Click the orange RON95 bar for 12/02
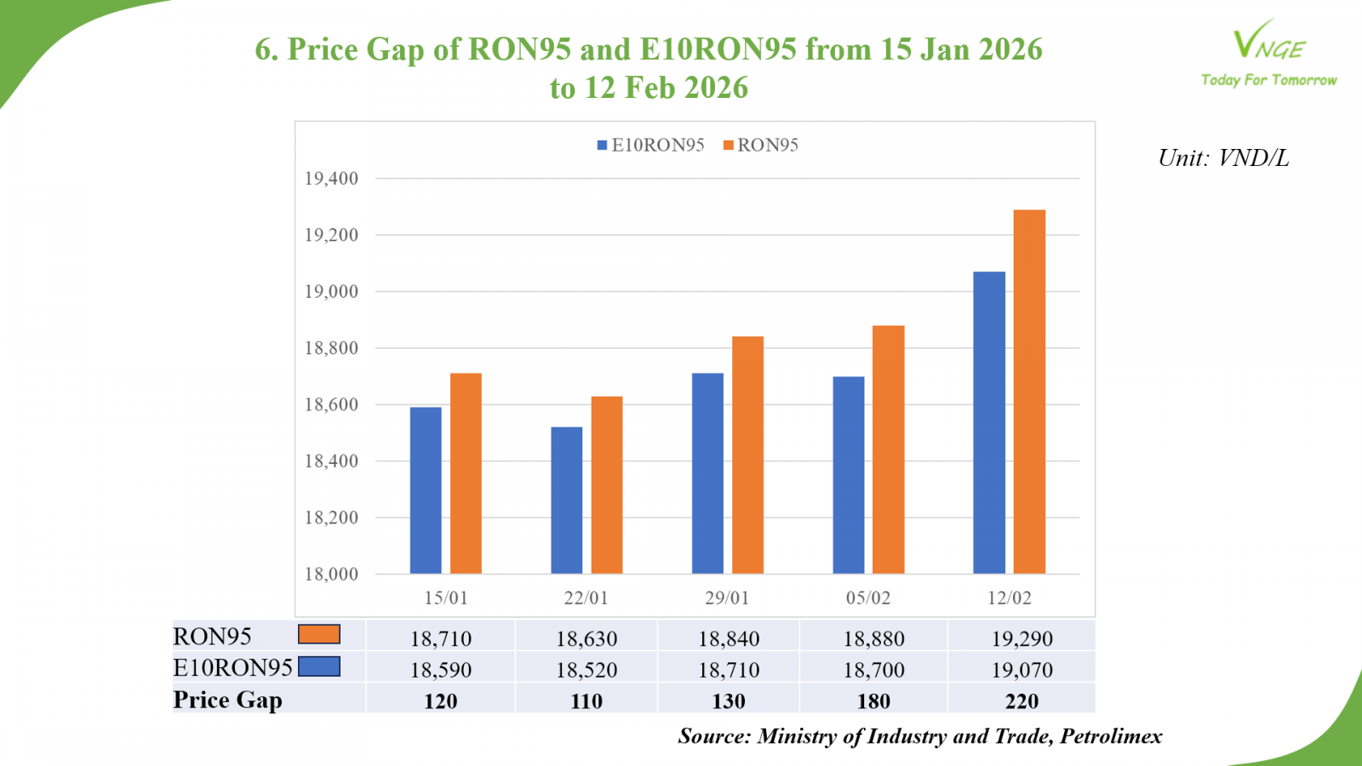point(1029,392)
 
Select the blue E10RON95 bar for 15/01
point(426,490)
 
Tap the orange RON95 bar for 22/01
point(607,485)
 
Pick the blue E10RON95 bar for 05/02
point(849,475)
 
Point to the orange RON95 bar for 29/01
point(748,455)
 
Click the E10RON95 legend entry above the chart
point(651,146)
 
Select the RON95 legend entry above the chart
point(761,146)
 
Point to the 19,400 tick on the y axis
point(331,179)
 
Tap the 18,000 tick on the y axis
point(331,574)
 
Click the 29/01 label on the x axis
point(727,598)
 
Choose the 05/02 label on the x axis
point(868,598)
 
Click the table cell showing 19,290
point(1021,638)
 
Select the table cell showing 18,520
point(587,670)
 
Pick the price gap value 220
point(1021,701)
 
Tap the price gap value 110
point(587,701)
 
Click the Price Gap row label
point(227,700)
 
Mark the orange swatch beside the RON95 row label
point(319,635)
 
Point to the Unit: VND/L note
point(1223,158)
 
